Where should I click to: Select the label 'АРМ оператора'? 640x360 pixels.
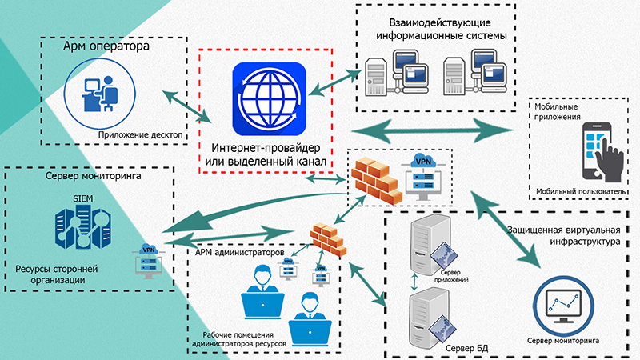click(106, 47)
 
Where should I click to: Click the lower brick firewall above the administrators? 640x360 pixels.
click(327, 238)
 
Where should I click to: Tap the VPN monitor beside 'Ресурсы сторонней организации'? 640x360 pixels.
click(148, 260)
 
